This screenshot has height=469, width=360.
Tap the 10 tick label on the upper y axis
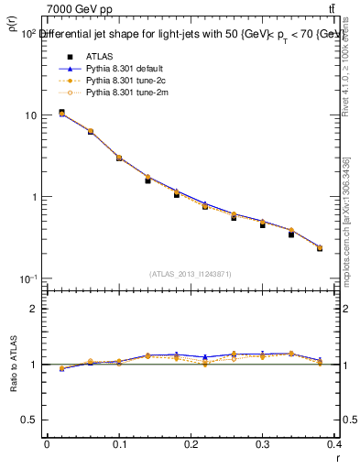[30, 116]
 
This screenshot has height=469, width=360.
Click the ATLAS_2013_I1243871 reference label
[190, 274]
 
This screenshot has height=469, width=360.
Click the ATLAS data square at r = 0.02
[61, 113]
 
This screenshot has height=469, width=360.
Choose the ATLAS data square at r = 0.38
[320, 248]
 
